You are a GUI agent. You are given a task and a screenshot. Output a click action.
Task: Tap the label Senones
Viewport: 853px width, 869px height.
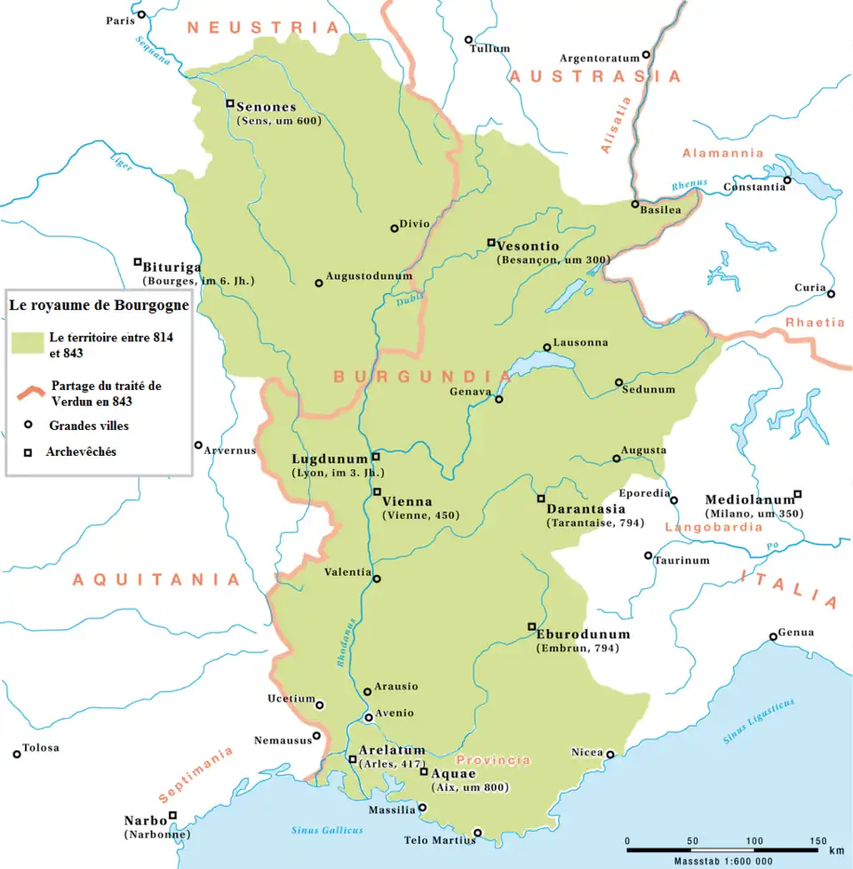click(x=267, y=107)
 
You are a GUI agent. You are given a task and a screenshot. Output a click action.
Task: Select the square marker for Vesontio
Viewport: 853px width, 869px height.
click(x=490, y=243)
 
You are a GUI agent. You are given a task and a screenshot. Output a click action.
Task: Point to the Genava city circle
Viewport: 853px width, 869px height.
click(x=499, y=400)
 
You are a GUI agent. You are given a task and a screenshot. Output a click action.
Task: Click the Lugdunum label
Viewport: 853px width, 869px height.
click(x=329, y=459)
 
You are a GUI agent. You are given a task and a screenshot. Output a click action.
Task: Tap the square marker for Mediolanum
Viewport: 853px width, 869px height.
click(x=797, y=494)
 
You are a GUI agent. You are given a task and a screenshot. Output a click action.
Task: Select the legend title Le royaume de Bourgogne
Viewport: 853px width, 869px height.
click(x=99, y=305)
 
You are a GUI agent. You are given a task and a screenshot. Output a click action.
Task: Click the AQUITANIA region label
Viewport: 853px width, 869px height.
click(x=156, y=580)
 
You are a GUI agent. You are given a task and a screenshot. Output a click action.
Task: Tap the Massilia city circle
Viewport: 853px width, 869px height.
click(x=422, y=808)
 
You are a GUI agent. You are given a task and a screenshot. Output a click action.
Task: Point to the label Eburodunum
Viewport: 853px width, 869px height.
click(x=583, y=635)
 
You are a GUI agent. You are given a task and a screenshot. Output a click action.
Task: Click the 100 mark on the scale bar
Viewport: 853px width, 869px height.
click(x=754, y=841)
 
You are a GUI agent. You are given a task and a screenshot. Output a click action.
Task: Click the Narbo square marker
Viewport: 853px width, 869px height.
click(x=173, y=815)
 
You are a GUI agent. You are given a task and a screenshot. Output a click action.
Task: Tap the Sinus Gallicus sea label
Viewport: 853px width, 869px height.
click(x=327, y=830)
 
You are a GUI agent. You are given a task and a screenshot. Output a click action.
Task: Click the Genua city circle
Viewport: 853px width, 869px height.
click(x=773, y=636)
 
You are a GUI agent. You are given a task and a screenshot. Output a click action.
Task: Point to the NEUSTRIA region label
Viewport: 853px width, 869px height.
click(x=263, y=28)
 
